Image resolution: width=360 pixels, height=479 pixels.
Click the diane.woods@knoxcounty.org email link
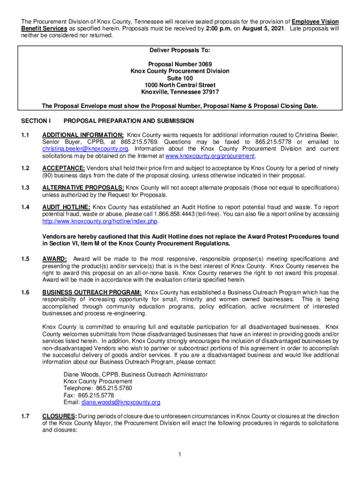click(x=121, y=402)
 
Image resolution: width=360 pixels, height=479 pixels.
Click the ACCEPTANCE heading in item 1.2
click(x=64, y=168)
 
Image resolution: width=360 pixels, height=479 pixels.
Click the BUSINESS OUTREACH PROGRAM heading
click(x=92, y=292)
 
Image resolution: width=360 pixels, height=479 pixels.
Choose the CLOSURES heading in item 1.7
click(x=60, y=416)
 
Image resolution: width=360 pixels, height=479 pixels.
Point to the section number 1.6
click(x=25, y=292)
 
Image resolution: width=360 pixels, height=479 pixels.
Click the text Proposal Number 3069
click(x=180, y=64)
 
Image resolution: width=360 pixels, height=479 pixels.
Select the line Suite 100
click(x=180, y=78)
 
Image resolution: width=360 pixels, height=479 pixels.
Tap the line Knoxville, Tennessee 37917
click(x=180, y=92)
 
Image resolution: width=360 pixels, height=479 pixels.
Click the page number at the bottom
click(x=180, y=455)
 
